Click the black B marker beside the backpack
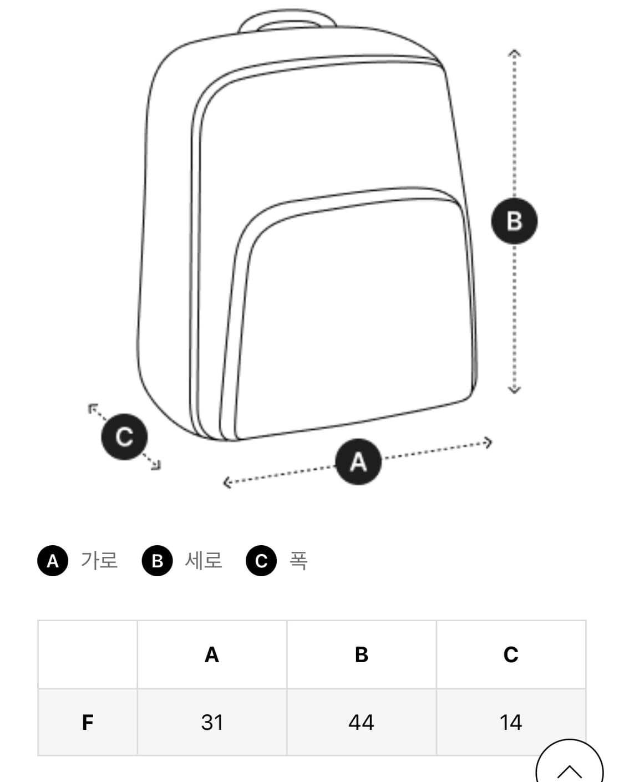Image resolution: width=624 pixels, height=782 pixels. pyautogui.click(x=514, y=221)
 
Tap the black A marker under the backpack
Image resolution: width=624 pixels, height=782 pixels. pyautogui.click(x=358, y=461)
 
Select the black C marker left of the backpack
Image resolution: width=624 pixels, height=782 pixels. pyautogui.click(x=124, y=436)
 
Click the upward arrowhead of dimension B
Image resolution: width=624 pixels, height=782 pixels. pyautogui.click(x=514, y=53)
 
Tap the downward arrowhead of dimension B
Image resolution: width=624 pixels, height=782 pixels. pyautogui.click(x=514, y=389)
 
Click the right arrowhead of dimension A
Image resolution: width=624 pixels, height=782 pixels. pyautogui.click(x=488, y=443)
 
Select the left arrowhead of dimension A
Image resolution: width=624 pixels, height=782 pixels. pyautogui.click(x=227, y=483)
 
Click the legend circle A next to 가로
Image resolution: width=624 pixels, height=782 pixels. pyautogui.click(x=53, y=560)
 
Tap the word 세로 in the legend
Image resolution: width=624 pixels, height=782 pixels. pyautogui.click(x=203, y=560)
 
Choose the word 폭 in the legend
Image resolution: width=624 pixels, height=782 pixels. pyautogui.click(x=298, y=560)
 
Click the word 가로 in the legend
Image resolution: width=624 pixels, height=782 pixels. pyautogui.click(x=99, y=560)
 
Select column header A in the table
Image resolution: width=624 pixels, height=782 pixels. pyautogui.click(x=212, y=654)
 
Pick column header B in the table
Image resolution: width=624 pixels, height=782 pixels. pyautogui.click(x=362, y=654)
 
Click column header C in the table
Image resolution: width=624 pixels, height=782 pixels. pyautogui.click(x=511, y=654)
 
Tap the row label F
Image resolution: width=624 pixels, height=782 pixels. pyautogui.click(x=88, y=722)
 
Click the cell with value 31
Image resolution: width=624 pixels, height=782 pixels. pyautogui.click(x=212, y=722)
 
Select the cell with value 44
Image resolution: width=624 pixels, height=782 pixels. pyautogui.click(x=362, y=722)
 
